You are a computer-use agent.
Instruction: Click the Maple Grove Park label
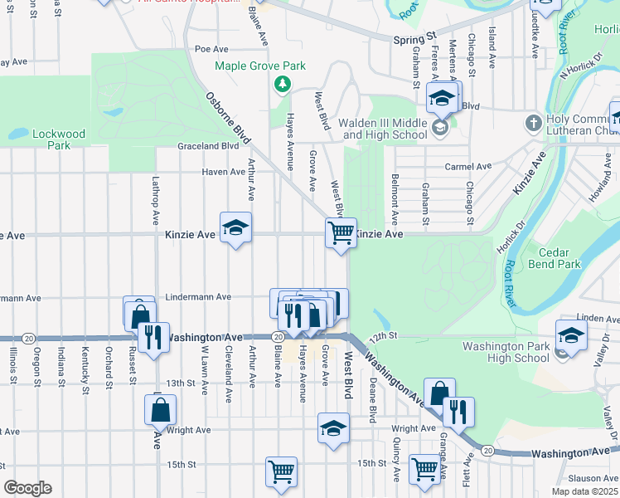(x=260, y=66)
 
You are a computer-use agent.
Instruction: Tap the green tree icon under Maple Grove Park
(x=283, y=84)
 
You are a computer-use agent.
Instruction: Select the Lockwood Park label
(x=59, y=139)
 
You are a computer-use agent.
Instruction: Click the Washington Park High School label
(x=506, y=352)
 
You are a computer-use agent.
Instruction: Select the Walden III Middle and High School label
(x=385, y=129)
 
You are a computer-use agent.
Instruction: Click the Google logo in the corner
(x=27, y=488)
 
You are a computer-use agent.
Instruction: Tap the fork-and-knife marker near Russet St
(x=153, y=337)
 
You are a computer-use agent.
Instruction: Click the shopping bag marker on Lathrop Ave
(x=160, y=408)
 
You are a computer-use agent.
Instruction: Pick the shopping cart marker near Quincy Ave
(x=424, y=468)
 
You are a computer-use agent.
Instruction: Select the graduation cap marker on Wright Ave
(x=333, y=427)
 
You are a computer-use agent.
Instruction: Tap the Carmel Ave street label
(x=468, y=167)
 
